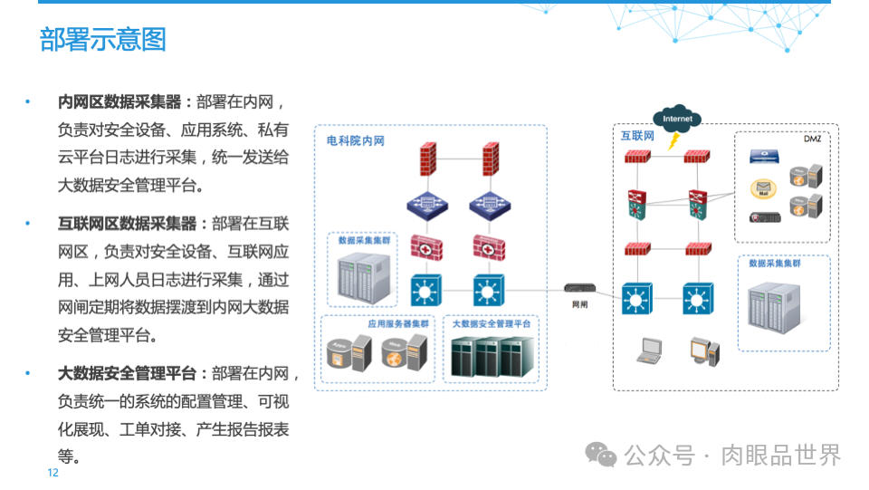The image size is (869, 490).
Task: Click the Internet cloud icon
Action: (x=677, y=119)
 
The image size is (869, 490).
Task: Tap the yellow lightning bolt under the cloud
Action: (x=673, y=141)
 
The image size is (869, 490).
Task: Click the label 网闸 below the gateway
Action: (x=580, y=305)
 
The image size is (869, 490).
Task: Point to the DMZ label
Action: (x=812, y=138)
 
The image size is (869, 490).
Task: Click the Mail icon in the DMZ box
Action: (x=763, y=189)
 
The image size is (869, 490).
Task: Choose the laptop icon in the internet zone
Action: (x=651, y=350)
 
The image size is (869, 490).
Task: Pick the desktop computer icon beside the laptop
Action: (x=703, y=350)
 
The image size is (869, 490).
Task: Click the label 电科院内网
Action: (x=356, y=141)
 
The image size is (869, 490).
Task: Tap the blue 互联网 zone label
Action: (x=636, y=136)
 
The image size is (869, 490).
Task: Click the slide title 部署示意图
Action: (x=102, y=40)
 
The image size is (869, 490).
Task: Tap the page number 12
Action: (x=53, y=473)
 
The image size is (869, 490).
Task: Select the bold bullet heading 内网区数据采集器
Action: (x=119, y=101)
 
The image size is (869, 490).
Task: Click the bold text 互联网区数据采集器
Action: (x=127, y=224)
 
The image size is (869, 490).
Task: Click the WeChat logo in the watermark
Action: (x=600, y=454)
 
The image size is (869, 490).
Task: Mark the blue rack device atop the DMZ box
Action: (x=764, y=157)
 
